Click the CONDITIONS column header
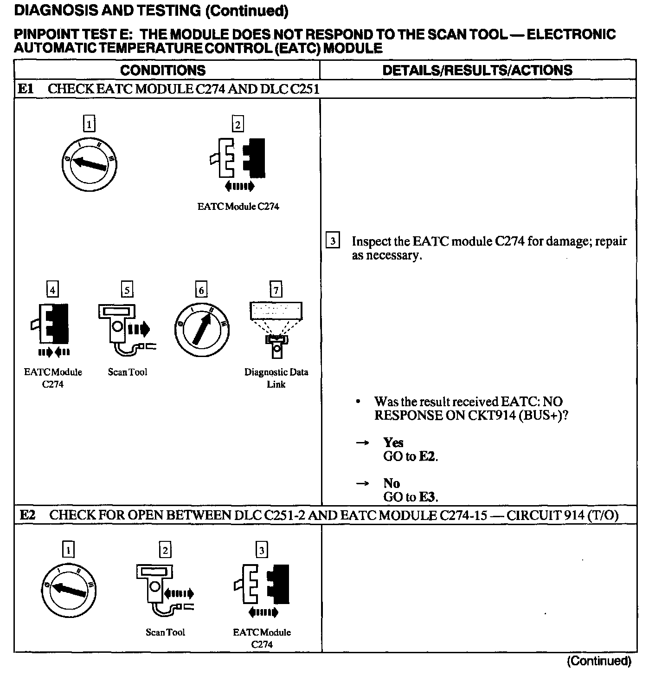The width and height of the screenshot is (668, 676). coord(162,70)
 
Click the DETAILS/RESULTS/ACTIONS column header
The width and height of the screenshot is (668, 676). coord(477,70)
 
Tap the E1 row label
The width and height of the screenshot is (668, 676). coord(26,89)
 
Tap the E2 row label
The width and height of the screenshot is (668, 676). coord(28,515)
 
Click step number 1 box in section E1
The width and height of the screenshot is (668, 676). coord(89,124)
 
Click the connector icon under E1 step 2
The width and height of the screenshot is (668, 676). coord(238,159)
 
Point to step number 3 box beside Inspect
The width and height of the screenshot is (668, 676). coord(333,241)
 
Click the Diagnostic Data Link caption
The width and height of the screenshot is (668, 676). coord(276,378)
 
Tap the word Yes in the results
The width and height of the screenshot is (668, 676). coord(393,442)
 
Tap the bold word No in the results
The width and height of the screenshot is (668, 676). coord(392,483)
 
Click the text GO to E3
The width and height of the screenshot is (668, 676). coord(411,497)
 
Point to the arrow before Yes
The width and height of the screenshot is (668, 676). coord(363,443)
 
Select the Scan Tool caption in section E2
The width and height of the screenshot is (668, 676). coord(165,632)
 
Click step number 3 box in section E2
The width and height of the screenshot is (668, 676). coord(262,550)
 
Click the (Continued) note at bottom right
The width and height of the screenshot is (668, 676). coord(599,661)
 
